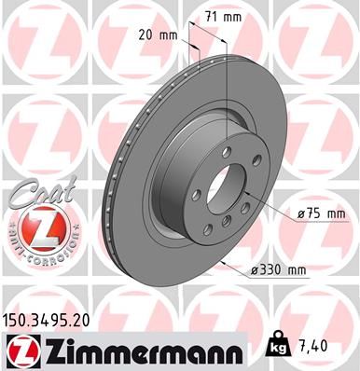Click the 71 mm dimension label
(x=222, y=16)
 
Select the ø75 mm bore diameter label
(x=320, y=213)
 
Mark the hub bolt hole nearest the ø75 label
(x=249, y=204)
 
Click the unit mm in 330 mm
(x=297, y=271)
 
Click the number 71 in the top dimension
(x=212, y=16)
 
